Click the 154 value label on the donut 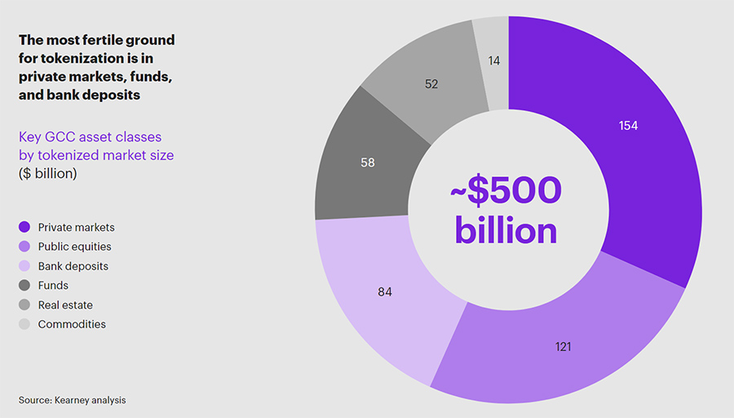tap(628, 126)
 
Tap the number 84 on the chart tap(385, 291)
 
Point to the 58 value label tap(368, 162)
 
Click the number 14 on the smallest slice tap(494, 61)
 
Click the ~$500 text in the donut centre tap(506, 191)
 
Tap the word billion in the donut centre tap(506, 230)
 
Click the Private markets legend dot tap(24, 227)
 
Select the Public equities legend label tap(75, 247)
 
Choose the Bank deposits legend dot tap(24, 266)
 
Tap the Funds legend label tap(53, 286)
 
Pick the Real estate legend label tap(65, 305)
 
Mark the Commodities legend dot tap(24, 324)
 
